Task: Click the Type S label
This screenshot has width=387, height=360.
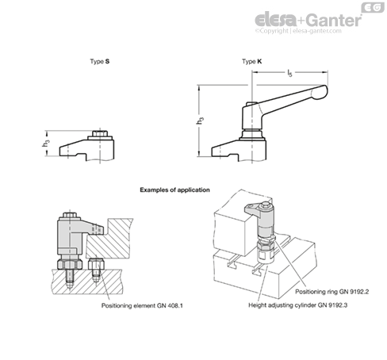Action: click(100, 62)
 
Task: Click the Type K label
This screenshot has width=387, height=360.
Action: click(252, 62)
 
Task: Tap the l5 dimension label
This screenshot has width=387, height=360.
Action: click(290, 73)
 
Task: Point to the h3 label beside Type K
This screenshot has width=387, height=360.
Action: click(200, 121)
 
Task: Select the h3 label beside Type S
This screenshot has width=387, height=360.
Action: click(46, 143)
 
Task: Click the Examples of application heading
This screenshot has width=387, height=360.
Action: click(174, 190)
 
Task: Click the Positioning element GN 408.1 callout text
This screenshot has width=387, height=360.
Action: click(142, 305)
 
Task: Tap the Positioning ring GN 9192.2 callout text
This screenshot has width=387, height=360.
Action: click(332, 292)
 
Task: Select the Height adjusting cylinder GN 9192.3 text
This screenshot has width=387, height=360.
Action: click(298, 305)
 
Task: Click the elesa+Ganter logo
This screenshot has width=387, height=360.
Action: click(308, 20)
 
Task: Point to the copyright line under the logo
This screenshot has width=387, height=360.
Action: click(298, 31)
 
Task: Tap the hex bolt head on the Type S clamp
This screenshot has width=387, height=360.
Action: click(100, 133)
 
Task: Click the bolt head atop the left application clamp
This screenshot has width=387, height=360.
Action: click(70, 215)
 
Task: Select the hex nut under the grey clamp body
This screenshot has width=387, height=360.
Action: click(70, 264)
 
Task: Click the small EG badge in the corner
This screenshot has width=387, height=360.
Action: click(373, 7)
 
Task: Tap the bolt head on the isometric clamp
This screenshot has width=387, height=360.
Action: click(265, 205)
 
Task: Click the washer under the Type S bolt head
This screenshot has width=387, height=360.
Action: click(100, 138)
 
